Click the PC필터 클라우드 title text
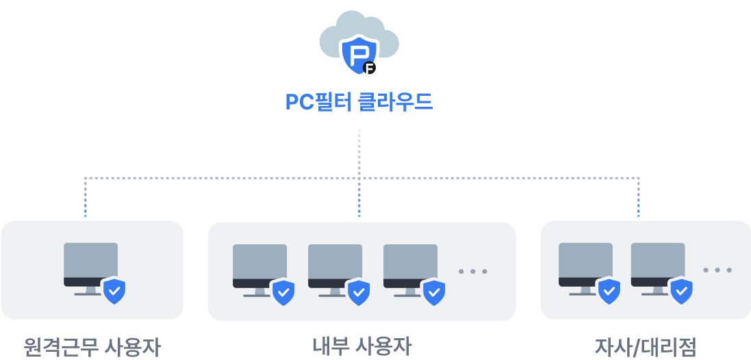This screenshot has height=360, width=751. (359, 103)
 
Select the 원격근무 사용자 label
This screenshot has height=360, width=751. (92, 347)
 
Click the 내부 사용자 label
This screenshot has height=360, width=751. (362, 346)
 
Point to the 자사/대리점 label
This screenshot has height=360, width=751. (645, 347)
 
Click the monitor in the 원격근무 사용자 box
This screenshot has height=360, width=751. (90, 264)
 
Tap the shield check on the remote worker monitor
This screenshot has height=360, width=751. (114, 291)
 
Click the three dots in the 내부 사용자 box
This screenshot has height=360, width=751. (473, 272)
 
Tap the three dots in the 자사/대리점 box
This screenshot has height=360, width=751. (717, 270)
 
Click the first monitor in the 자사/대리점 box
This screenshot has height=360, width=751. (585, 264)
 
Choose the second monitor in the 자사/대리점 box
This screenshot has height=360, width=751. (658, 264)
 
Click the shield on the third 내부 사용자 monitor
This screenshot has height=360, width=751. (433, 292)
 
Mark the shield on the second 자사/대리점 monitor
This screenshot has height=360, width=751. (681, 291)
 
